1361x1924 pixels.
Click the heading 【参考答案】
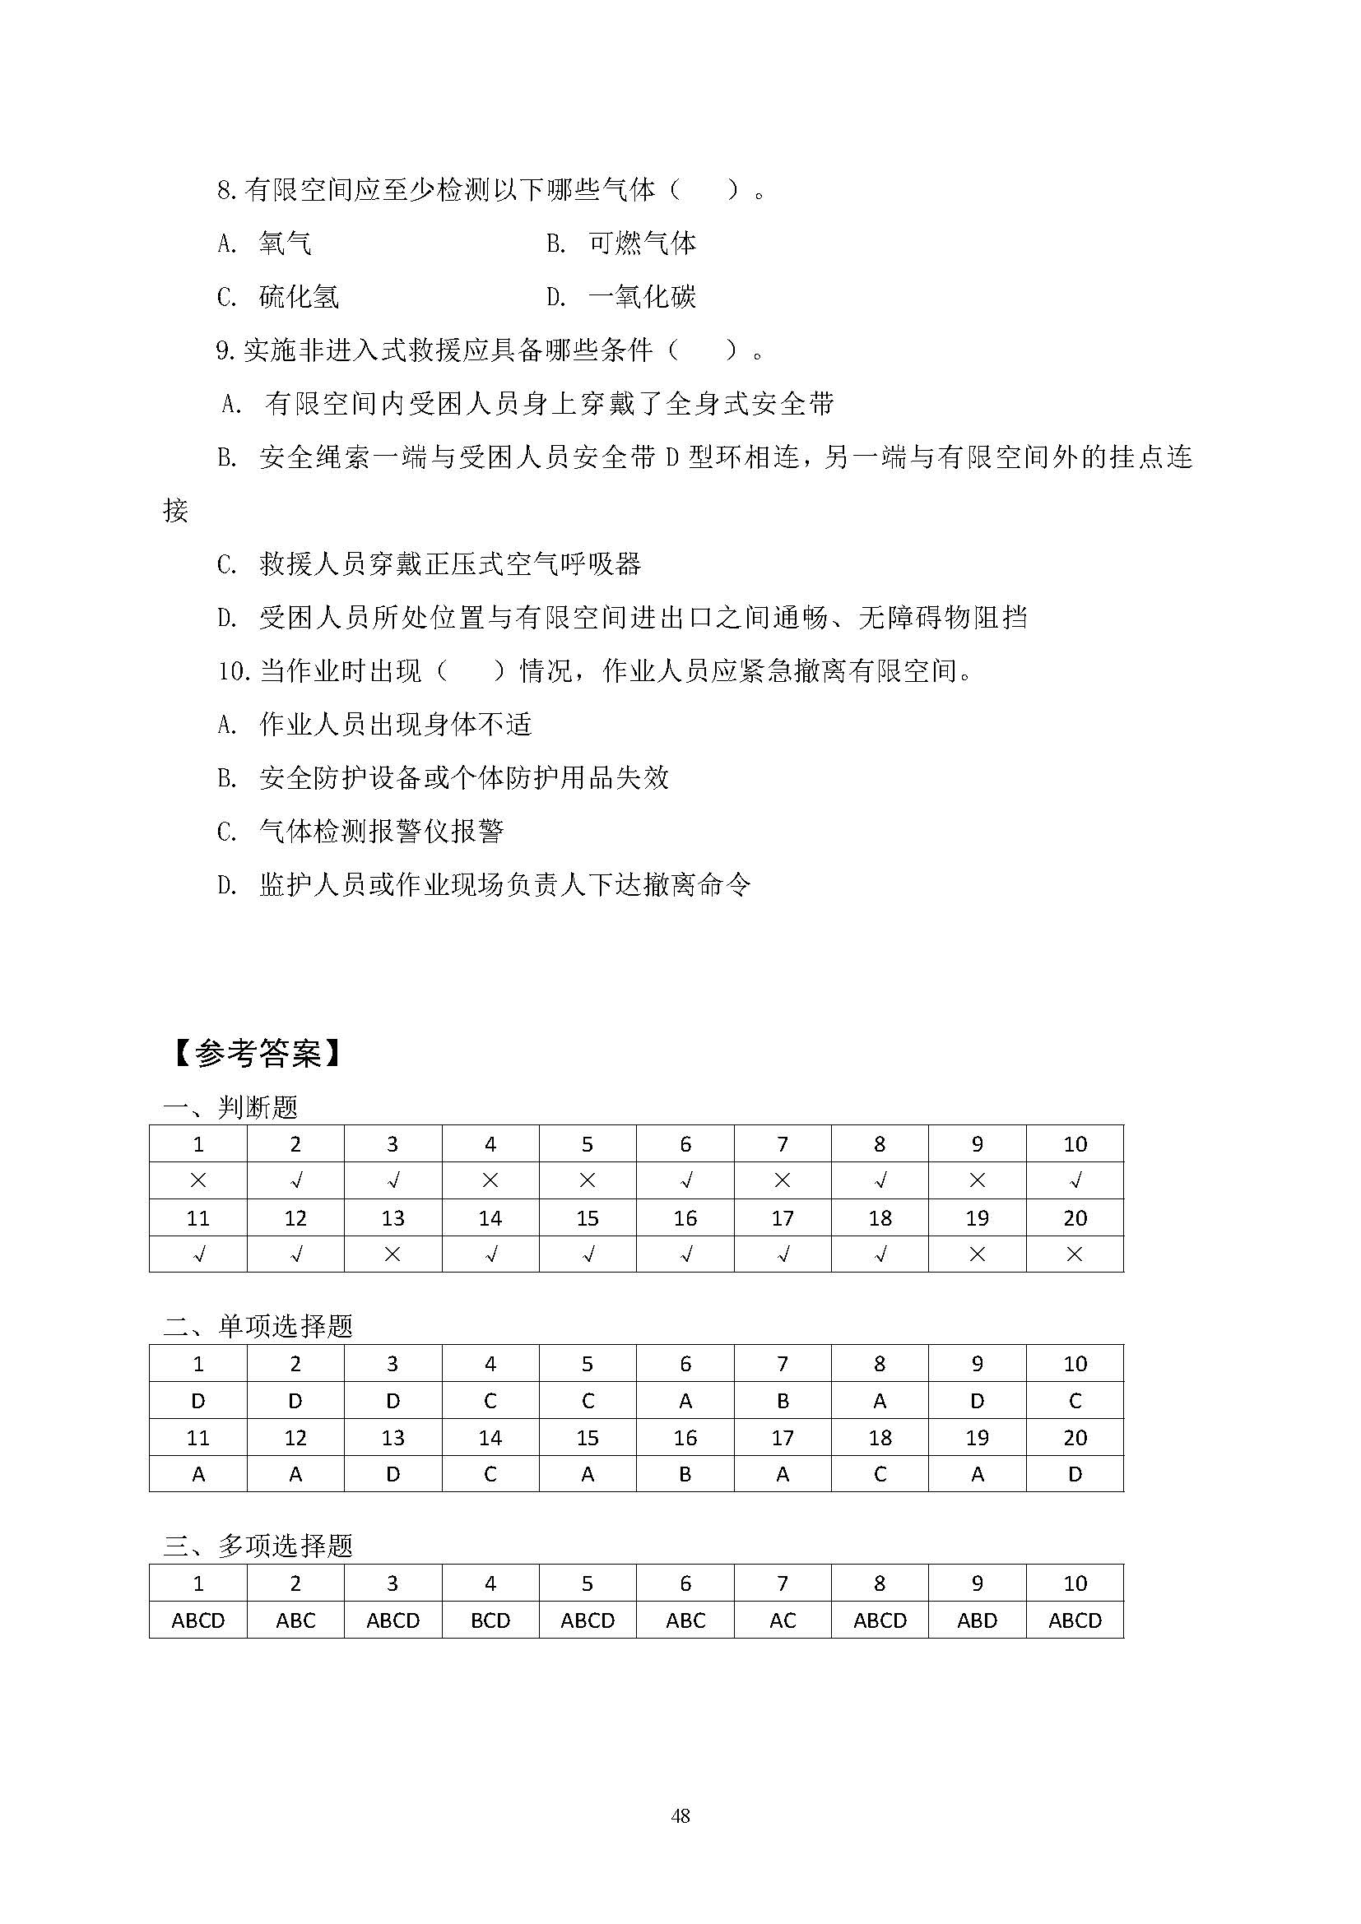pos(257,1054)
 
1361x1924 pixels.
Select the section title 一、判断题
pos(230,1108)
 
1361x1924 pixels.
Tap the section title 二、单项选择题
pos(258,1326)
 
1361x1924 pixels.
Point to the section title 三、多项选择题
pos(258,1546)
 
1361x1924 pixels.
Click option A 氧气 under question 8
pos(285,243)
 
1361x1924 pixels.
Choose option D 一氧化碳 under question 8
pos(642,297)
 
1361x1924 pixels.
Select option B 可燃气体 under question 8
pos(642,243)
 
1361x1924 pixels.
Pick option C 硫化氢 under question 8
pos(299,297)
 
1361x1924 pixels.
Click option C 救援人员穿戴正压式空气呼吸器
pos(450,564)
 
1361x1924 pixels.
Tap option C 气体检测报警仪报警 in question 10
pos(381,832)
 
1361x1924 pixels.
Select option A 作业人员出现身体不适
pos(396,724)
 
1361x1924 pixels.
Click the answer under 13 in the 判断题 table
pos(393,1254)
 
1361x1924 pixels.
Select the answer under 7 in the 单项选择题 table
pos(782,1401)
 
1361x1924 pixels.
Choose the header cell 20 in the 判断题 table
pos(1075,1217)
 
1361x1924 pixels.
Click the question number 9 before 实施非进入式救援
pos(224,351)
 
